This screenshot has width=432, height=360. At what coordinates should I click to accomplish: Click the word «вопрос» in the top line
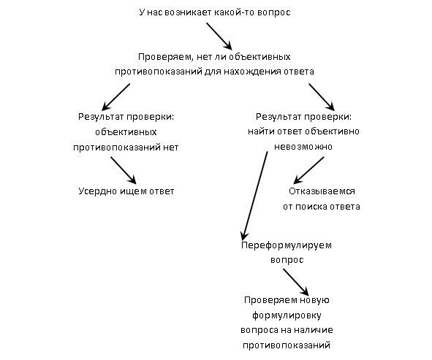[273, 12]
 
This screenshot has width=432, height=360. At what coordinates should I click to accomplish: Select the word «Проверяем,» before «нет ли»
[164, 57]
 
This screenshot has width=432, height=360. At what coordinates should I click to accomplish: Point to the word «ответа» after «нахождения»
[299, 72]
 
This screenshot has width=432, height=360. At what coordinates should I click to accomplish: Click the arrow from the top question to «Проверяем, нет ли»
[219, 37]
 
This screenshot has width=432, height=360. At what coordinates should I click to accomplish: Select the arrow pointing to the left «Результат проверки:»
[115, 97]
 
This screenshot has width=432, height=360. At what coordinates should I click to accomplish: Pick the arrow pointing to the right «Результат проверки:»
[322, 97]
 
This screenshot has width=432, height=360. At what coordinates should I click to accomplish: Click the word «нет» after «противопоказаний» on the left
[171, 148]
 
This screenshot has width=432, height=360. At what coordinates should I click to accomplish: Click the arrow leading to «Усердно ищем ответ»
[124, 170]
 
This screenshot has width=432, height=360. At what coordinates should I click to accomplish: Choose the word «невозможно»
[303, 147]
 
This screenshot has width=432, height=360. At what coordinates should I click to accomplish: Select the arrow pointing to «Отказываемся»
[308, 170]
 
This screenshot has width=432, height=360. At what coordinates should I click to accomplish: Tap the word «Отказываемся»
[322, 191]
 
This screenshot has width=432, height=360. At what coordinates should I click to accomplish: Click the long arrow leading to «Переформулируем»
[254, 196]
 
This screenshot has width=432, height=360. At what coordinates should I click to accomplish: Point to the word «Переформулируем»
[287, 245]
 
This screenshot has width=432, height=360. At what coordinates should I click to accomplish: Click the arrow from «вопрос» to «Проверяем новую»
[296, 282]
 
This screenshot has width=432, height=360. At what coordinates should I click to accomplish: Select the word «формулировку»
[287, 315]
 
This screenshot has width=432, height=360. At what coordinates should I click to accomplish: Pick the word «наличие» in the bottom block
[316, 330]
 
